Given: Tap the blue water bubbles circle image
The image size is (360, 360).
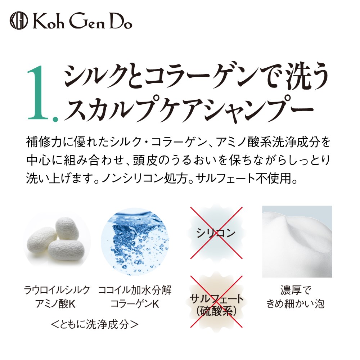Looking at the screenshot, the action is [135, 241].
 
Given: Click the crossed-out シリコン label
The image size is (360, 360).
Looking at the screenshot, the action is [216, 233].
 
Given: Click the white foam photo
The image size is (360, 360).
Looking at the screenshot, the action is [297, 242].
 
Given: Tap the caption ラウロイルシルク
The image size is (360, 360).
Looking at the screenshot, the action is [57, 290].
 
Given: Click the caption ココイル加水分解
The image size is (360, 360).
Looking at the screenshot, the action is [135, 290].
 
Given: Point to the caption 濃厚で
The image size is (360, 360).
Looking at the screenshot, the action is [296, 290].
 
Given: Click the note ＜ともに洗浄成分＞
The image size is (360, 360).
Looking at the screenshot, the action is [95, 324].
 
